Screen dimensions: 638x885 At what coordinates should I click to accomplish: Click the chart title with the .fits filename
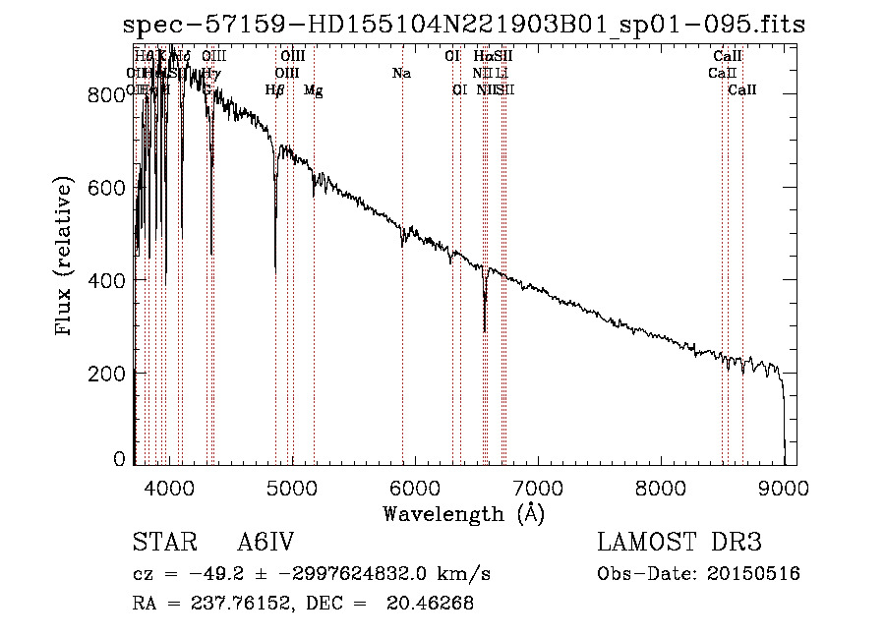464,25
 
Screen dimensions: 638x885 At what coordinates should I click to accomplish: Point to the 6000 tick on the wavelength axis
414,486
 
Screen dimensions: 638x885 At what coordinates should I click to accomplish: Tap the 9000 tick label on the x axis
784,486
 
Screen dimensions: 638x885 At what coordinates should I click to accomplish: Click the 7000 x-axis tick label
537,486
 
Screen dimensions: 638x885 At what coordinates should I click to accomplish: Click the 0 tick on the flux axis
120,459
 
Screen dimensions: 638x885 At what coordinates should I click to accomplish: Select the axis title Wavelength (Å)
463,513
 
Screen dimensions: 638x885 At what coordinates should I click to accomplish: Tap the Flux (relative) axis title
66,257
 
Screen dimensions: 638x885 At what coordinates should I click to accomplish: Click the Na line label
401,74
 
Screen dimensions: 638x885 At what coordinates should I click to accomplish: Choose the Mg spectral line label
314,90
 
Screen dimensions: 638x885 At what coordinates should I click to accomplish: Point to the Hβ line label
275,90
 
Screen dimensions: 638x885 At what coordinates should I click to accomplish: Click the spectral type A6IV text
265,544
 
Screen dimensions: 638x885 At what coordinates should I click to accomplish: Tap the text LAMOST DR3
678,544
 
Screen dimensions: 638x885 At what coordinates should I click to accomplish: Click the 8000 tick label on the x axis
661,486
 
